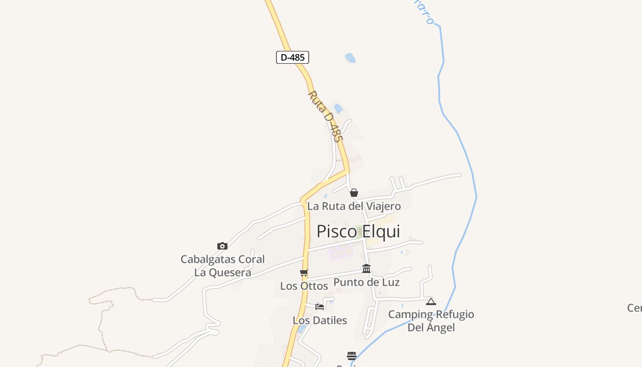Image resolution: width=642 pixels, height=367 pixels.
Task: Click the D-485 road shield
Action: tap(293, 57)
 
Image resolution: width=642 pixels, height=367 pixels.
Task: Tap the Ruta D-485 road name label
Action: tap(325, 116)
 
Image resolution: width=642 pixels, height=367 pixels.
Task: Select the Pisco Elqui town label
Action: tap(358, 231)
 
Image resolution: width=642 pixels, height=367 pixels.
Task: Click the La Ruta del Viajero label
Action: tap(354, 206)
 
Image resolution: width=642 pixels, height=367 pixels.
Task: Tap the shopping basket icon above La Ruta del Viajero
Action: tap(354, 193)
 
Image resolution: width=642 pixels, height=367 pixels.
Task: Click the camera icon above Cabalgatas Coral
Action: tap(222, 246)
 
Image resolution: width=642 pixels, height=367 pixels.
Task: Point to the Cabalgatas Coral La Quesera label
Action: tap(223, 266)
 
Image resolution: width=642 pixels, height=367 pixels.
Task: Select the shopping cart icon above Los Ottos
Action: tap(304, 273)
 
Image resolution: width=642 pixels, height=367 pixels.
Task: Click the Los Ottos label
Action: tap(304, 286)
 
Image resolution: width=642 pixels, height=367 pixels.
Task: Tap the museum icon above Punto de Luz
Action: tap(366, 269)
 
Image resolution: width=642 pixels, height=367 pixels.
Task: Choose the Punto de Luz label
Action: tap(366, 282)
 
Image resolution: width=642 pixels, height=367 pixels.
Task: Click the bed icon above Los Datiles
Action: tap(320, 306)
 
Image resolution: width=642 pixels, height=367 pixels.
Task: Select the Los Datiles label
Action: tap(320, 320)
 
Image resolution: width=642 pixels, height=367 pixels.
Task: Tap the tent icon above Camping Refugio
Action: tap(431, 301)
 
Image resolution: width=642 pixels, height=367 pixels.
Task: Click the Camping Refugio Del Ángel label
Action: tap(431, 321)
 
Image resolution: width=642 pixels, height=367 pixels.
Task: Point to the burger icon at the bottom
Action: tap(352, 356)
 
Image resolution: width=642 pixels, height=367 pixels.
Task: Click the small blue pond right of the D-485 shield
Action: tap(350, 58)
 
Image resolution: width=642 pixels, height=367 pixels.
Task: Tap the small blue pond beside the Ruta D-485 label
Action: tap(338, 108)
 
